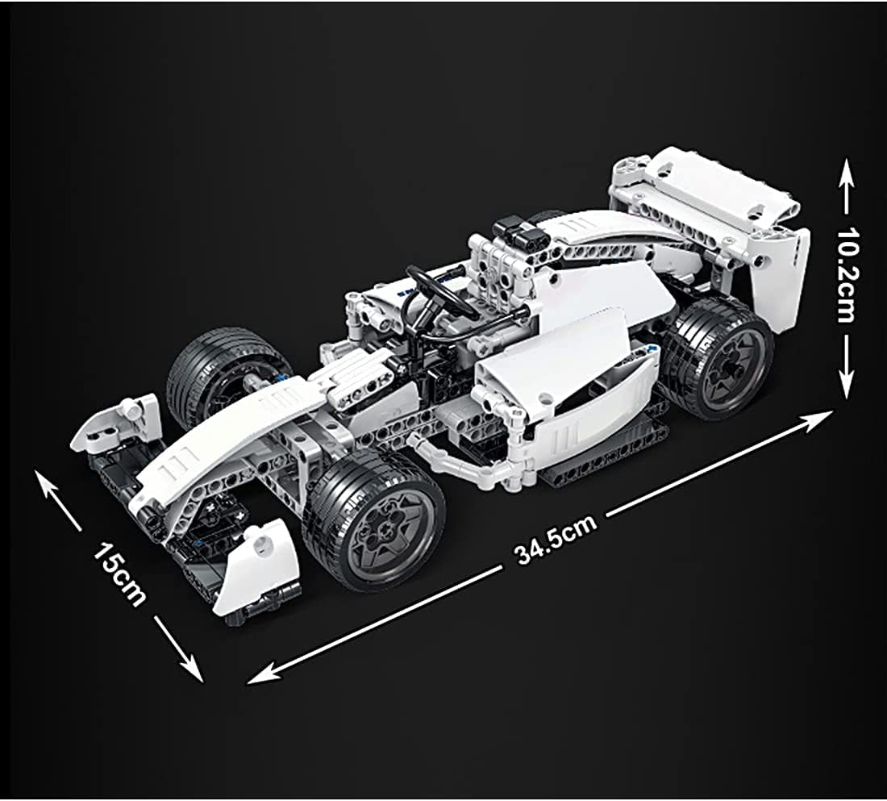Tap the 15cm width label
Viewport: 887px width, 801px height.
point(119,574)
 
